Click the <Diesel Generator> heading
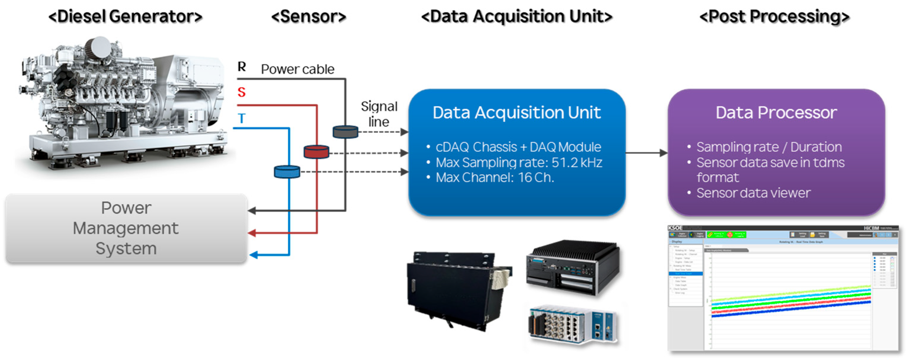tap(125, 17)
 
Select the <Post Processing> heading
tap(774, 17)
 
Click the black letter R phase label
tap(241, 66)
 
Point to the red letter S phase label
tap(241, 92)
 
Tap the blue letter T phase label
tap(241, 119)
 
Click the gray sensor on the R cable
tap(345, 132)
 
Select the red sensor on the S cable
tap(316, 152)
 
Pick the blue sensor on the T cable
tap(287, 172)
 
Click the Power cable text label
tap(298, 69)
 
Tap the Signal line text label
tap(379, 114)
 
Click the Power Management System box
tap(126, 228)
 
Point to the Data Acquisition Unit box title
tap(516, 113)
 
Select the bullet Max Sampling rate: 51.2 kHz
tap(519, 163)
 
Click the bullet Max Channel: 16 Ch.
tap(495, 177)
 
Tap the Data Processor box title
tap(776, 113)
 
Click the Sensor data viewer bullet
tap(753, 193)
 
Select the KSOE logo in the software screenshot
tap(675, 228)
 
